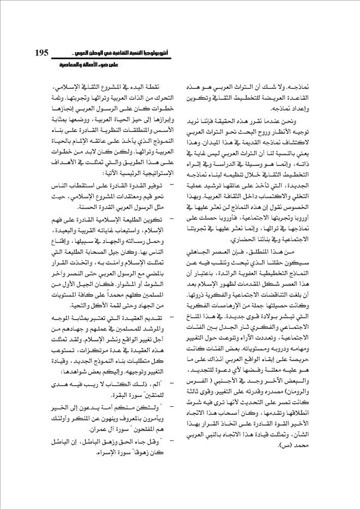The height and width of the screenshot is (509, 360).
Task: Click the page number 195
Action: click(x=42, y=53)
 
